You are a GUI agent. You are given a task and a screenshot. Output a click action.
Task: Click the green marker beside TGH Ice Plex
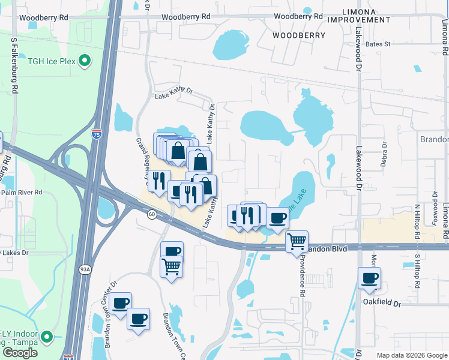coord(85,60)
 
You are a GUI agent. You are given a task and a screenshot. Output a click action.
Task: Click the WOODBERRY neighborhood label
coord(299,35)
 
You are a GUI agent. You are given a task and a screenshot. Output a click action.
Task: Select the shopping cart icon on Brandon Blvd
coord(297,241)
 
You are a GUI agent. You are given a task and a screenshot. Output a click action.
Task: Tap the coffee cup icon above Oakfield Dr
coord(369,278)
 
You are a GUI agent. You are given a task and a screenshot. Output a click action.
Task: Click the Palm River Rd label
coord(22,193)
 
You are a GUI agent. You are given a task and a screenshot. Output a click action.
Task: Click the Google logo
coord(20,353)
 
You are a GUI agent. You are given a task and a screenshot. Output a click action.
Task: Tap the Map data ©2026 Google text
coord(411,355)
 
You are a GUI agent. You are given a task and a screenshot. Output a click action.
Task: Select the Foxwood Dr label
coord(435,214)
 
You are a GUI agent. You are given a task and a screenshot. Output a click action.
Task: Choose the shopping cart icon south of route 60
coord(172,265)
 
